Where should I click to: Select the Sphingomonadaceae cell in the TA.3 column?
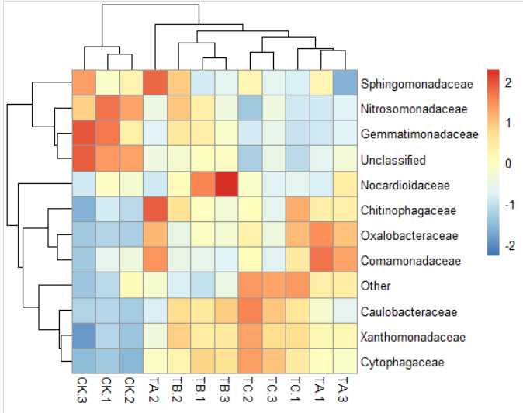coord(345,82)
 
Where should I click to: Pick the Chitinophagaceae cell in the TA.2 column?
coord(157,210)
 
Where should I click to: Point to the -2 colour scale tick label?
coord(510,245)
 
